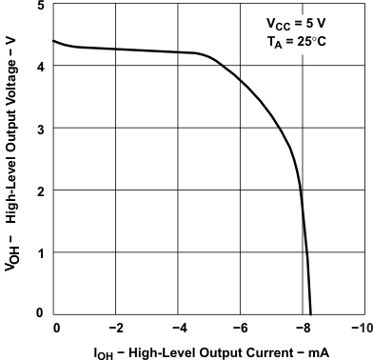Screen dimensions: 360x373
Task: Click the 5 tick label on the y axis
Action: coord(38,6)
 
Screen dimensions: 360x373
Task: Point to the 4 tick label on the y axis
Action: coord(38,67)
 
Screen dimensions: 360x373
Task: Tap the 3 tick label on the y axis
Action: coord(38,129)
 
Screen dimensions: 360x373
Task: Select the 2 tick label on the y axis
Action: coord(38,191)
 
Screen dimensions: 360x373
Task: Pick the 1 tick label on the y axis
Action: coord(38,253)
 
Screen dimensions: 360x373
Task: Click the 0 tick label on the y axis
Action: coord(38,313)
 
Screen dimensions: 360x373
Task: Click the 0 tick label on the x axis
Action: coord(56,329)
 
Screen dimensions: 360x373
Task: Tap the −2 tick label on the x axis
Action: coord(115,329)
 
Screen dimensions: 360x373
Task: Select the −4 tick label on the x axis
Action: coord(178,329)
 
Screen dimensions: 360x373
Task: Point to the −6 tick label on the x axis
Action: coord(240,329)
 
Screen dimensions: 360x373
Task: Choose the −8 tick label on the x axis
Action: coord(302,329)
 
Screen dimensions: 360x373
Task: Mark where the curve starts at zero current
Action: coord(53,41)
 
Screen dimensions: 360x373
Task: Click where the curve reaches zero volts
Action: coord(311,313)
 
